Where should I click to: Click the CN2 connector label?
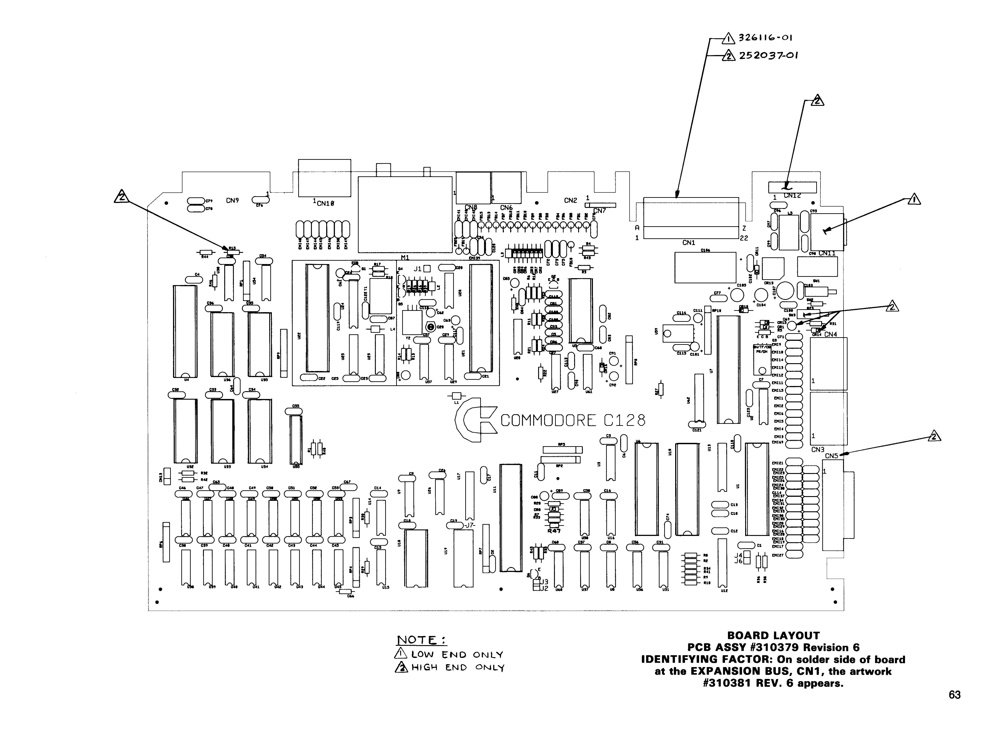(570, 200)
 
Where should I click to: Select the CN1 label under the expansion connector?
(689, 243)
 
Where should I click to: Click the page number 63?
(954, 695)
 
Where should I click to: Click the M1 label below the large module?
(405, 258)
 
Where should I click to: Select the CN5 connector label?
(831, 456)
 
